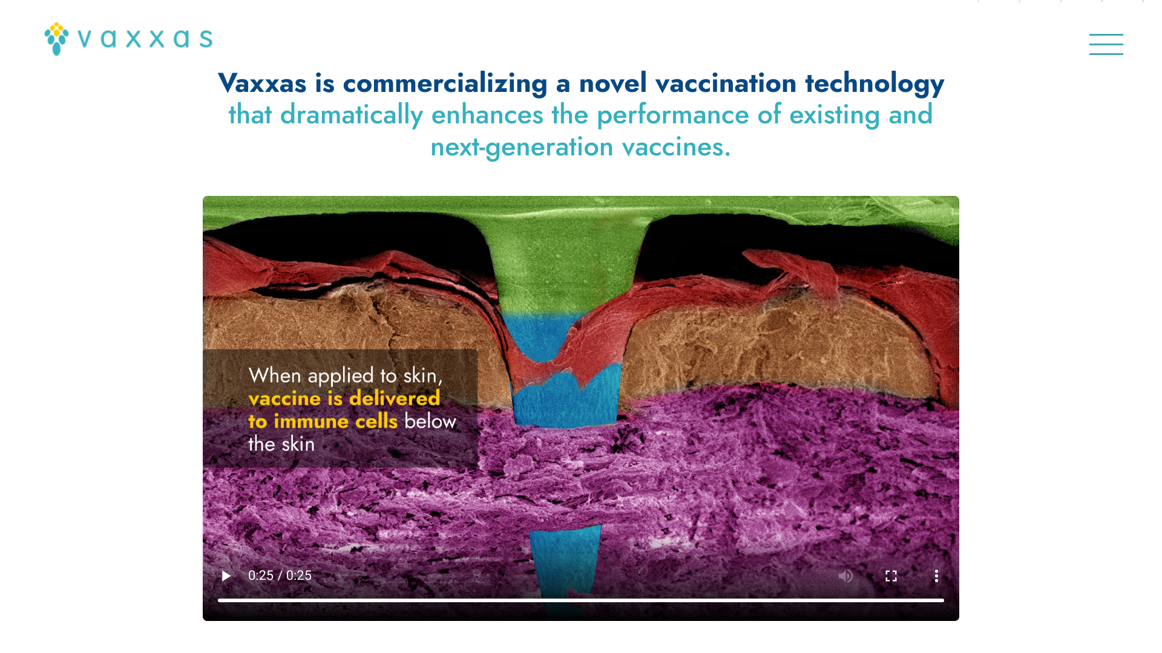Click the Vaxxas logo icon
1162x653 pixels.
56,39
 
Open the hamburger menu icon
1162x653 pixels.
1106,44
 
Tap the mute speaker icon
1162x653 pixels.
845,576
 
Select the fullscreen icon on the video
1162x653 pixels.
891,576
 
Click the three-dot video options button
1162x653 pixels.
936,576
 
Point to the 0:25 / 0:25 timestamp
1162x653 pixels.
280,576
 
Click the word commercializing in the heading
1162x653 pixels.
445,83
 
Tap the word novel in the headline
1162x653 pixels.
613,83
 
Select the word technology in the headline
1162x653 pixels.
875,83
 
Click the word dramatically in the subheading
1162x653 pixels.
352,115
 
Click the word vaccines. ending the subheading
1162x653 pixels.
676,147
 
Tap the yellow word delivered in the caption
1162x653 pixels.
395,398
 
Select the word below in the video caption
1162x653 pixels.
430,421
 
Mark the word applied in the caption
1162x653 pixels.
341,376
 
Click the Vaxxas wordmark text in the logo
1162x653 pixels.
145,39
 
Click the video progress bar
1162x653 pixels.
581,600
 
